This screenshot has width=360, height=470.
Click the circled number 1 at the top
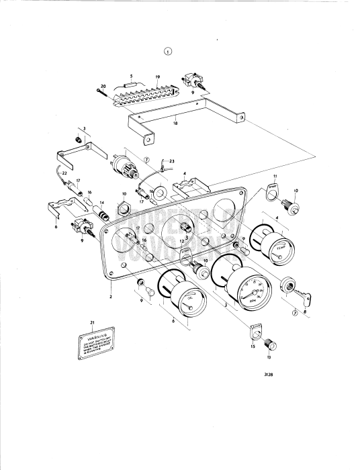tap(167, 51)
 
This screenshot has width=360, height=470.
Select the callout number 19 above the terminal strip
tap(156, 78)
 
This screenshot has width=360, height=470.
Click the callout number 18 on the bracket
tap(175, 123)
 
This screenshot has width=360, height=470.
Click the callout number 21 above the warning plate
tap(92, 324)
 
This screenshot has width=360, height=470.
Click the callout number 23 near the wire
tap(172, 160)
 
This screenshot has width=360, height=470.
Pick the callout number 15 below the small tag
tap(253, 346)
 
